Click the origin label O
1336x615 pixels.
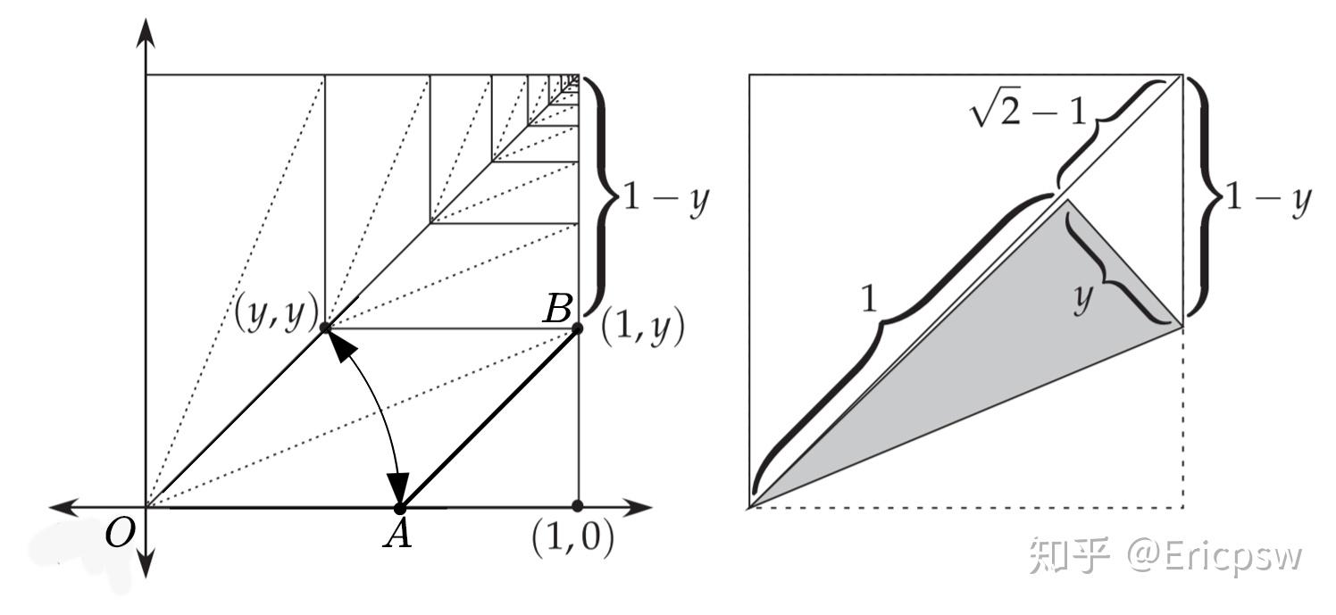pos(120,534)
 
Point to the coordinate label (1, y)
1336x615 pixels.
pos(642,329)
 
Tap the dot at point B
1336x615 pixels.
pos(577,328)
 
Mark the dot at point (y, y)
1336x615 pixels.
pos(325,328)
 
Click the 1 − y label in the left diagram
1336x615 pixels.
pos(664,198)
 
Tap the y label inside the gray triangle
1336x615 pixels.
pos(1082,300)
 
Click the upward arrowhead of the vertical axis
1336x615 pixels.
pos(146,31)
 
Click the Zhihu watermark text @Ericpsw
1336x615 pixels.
pos(1215,555)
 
